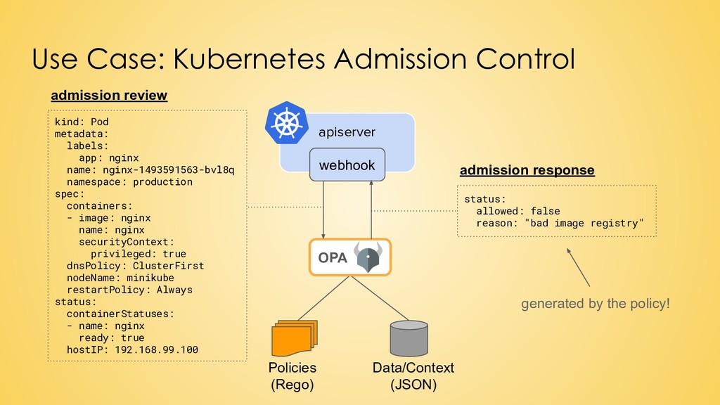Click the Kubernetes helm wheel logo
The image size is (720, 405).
click(x=287, y=123)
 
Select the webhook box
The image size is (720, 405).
click(x=347, y=165)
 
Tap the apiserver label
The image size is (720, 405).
click(x=347, y=132)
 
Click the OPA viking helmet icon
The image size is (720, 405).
click(x=368, y=257)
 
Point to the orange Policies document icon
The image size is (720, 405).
click(x=295, y=338)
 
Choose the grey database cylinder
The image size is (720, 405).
click(x=409, y=338)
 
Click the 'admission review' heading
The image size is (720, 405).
click(x=109, y=95)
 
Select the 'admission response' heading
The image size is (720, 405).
click(x=527, y=170)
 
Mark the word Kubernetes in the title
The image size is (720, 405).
click(x=250, y=59)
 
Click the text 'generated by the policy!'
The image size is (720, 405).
click(x=595, y=304)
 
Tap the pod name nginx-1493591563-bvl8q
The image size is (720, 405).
click(x=169, y=170)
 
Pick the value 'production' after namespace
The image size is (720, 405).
click(x=162, y=182)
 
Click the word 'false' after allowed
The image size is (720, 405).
click(x=546, y=211)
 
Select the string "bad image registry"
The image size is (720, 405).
click(x=584, y=223)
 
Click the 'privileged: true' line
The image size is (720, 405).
click(x=139, y=254)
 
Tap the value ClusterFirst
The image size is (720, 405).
click(x=169, y=266)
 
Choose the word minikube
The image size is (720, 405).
click(x=150, y=278)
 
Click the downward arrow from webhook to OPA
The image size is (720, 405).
click(x=323, y=210)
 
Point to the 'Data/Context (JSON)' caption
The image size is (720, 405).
click(x=413, y=375)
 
